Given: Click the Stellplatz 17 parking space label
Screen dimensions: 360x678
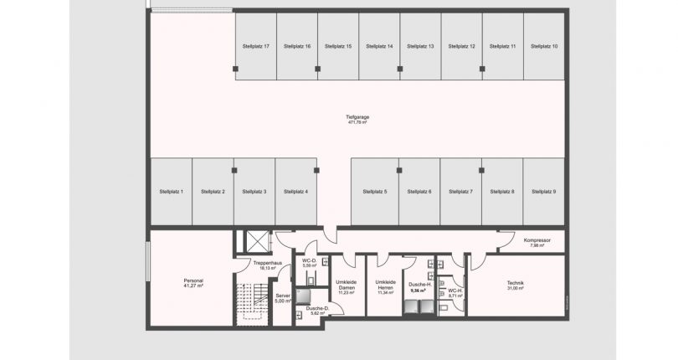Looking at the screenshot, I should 254,46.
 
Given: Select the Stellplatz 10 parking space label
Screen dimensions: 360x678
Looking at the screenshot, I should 544,46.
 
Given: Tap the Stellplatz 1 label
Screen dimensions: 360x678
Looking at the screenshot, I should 171,192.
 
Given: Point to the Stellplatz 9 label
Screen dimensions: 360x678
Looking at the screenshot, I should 543,192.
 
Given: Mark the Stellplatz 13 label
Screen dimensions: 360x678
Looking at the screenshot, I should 420,46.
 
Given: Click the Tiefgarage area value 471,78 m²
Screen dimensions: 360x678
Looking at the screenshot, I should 358,122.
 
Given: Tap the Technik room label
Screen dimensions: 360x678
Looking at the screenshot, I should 515,283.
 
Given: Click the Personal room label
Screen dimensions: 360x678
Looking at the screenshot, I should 193,280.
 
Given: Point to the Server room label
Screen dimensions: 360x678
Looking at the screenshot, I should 282,296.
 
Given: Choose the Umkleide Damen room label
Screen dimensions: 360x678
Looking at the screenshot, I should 346,285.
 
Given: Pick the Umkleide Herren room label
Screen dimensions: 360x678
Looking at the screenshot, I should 385,285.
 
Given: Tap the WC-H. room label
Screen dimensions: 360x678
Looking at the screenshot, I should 455,291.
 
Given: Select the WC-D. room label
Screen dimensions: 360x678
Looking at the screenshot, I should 308,261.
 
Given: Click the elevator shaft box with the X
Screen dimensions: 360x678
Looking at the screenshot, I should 253,241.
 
